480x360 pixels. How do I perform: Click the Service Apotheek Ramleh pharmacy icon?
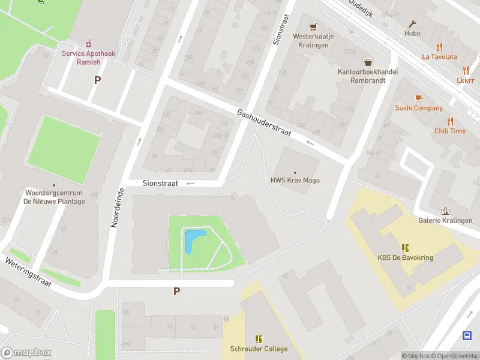[89, 43]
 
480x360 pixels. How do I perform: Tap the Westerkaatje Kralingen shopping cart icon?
[313, 27]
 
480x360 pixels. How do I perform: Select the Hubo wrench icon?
[412, 23]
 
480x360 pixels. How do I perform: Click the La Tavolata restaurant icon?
[439, 47]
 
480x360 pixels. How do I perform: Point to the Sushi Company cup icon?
[419, 98]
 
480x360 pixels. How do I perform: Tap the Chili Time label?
[450, 131]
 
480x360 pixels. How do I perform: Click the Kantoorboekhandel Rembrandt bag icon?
[368, 62]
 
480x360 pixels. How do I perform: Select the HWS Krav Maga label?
[295, 180]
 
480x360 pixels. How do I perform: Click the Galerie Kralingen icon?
[445, 211]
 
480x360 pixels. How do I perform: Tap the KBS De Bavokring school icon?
[405, 247]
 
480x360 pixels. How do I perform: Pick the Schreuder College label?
[259, 349]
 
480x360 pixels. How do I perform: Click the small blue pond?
[191, 241]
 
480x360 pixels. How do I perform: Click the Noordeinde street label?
[117, 207]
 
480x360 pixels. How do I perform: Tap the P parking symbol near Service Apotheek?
[97, 80]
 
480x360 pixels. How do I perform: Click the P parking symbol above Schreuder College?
[176, 292]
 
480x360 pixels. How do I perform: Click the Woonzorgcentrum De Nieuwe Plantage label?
[54, 197]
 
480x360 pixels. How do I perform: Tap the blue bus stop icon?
[467, 335]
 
